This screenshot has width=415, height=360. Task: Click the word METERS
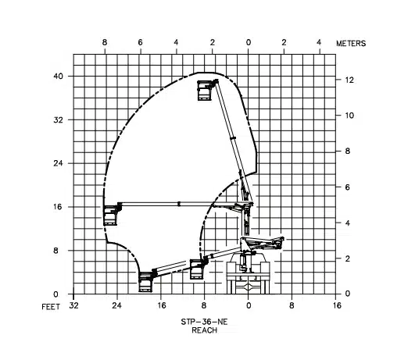pos(351,44)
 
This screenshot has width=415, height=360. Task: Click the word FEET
pos(51,307)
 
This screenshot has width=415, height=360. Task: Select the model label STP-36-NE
pos(204,322)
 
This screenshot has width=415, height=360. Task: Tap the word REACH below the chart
pos(204,330)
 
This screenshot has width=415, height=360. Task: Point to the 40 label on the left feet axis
pos(59,77)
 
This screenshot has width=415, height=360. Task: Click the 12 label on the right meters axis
pos(349,80)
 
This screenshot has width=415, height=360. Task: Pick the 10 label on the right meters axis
pos(349,116)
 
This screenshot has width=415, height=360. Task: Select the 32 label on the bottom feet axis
pos(73,305)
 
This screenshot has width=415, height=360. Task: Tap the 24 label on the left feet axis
pos(59,163)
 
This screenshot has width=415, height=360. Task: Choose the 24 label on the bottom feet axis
pos(116,305)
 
